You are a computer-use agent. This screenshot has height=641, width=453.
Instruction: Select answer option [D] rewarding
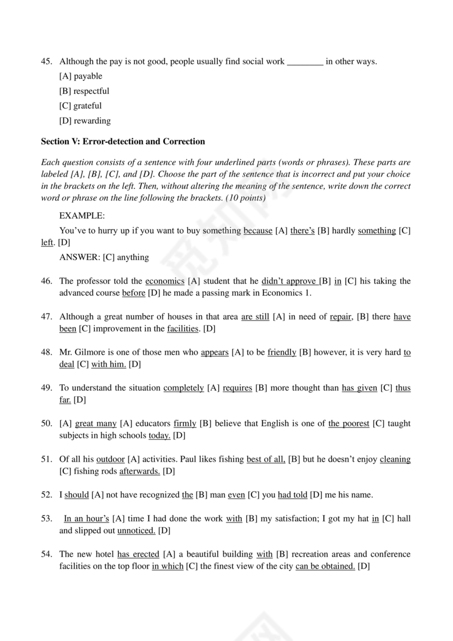tap(85, 121)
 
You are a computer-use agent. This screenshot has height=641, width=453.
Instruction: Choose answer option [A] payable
tap(80, 76)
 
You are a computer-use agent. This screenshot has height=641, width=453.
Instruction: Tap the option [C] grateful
tap(80, 106)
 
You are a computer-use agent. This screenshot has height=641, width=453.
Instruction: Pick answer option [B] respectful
tap(84, 91)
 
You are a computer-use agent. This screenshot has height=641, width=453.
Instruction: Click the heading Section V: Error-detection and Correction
tap(123, 141)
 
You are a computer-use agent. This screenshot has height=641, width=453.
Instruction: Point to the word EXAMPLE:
tap(81, 216)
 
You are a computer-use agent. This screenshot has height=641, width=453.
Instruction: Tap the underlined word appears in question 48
tap(214, 352)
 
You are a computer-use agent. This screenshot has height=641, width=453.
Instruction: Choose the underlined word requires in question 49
tap(237, 388)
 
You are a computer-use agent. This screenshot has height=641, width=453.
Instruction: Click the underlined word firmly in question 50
tap(185, 423)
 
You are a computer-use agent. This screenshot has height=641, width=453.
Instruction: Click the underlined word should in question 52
tap(76, 495)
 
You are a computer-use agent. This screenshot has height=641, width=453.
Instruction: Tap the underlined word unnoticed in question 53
tap(136, 530)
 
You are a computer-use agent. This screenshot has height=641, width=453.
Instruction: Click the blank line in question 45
tap(305, 62)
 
